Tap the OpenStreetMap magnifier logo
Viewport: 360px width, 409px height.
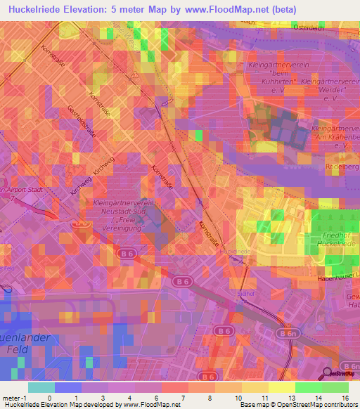(x=328, y=373)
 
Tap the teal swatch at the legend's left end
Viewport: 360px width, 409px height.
(x=41, y=387)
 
